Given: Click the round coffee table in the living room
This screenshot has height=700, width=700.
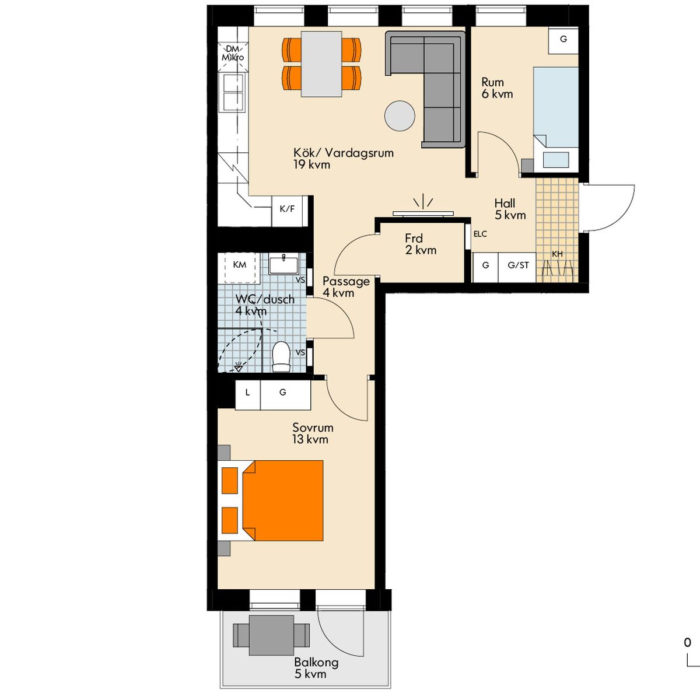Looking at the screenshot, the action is (x=400, y=116).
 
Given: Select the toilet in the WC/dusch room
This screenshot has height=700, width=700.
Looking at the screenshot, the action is (x=281, y=356).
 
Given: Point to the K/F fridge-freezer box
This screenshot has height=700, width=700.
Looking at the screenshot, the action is (x=287, y=211).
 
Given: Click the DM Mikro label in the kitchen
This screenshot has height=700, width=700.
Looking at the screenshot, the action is (x=233, y=53).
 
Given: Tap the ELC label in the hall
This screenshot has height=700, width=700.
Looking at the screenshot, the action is (x=480, y=234).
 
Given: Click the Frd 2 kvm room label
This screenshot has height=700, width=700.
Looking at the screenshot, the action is (x=421, y=244).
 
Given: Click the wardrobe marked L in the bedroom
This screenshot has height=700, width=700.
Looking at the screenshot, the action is (x=248, y=395).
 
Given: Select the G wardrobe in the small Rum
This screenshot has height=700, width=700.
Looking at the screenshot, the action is (x=563, y=40).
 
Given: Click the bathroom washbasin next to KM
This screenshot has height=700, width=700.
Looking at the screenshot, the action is (x=283, y=264).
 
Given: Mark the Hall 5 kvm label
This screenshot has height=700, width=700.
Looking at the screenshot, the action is (x=510, y=209).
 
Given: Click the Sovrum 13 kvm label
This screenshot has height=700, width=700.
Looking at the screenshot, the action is (x=313, y=433).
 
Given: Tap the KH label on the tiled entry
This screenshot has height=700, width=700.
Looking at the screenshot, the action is (x=557, y=254).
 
